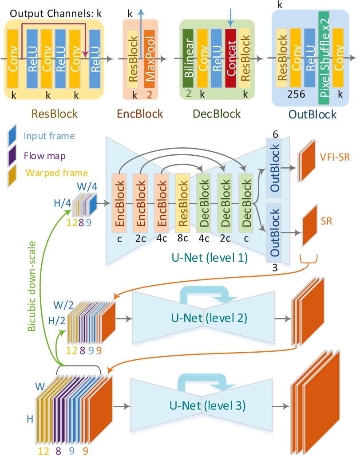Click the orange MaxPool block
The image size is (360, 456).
(149, 59)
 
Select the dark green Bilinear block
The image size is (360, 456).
(188, 59)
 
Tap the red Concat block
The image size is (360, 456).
(230, 58)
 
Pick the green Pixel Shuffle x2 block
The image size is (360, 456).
(324, 58)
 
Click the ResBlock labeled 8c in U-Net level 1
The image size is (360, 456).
(182, 203)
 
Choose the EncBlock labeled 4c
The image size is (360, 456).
(161, 203)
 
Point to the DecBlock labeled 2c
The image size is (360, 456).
(225, 203)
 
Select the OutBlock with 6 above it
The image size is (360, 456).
(274, 168)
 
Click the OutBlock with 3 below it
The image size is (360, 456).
(274, 232)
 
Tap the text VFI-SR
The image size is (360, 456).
(335, 157)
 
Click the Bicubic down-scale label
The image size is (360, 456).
(32, 286)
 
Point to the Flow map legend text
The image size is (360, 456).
(44, 156)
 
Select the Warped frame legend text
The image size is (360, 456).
(57, 173)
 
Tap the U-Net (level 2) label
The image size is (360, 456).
(209, 318)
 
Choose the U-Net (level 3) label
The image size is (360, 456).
(207, 405)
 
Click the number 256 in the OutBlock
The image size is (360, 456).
(296, 94)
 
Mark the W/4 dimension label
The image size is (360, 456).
(87, 186)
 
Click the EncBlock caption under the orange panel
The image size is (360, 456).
(140, 114)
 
